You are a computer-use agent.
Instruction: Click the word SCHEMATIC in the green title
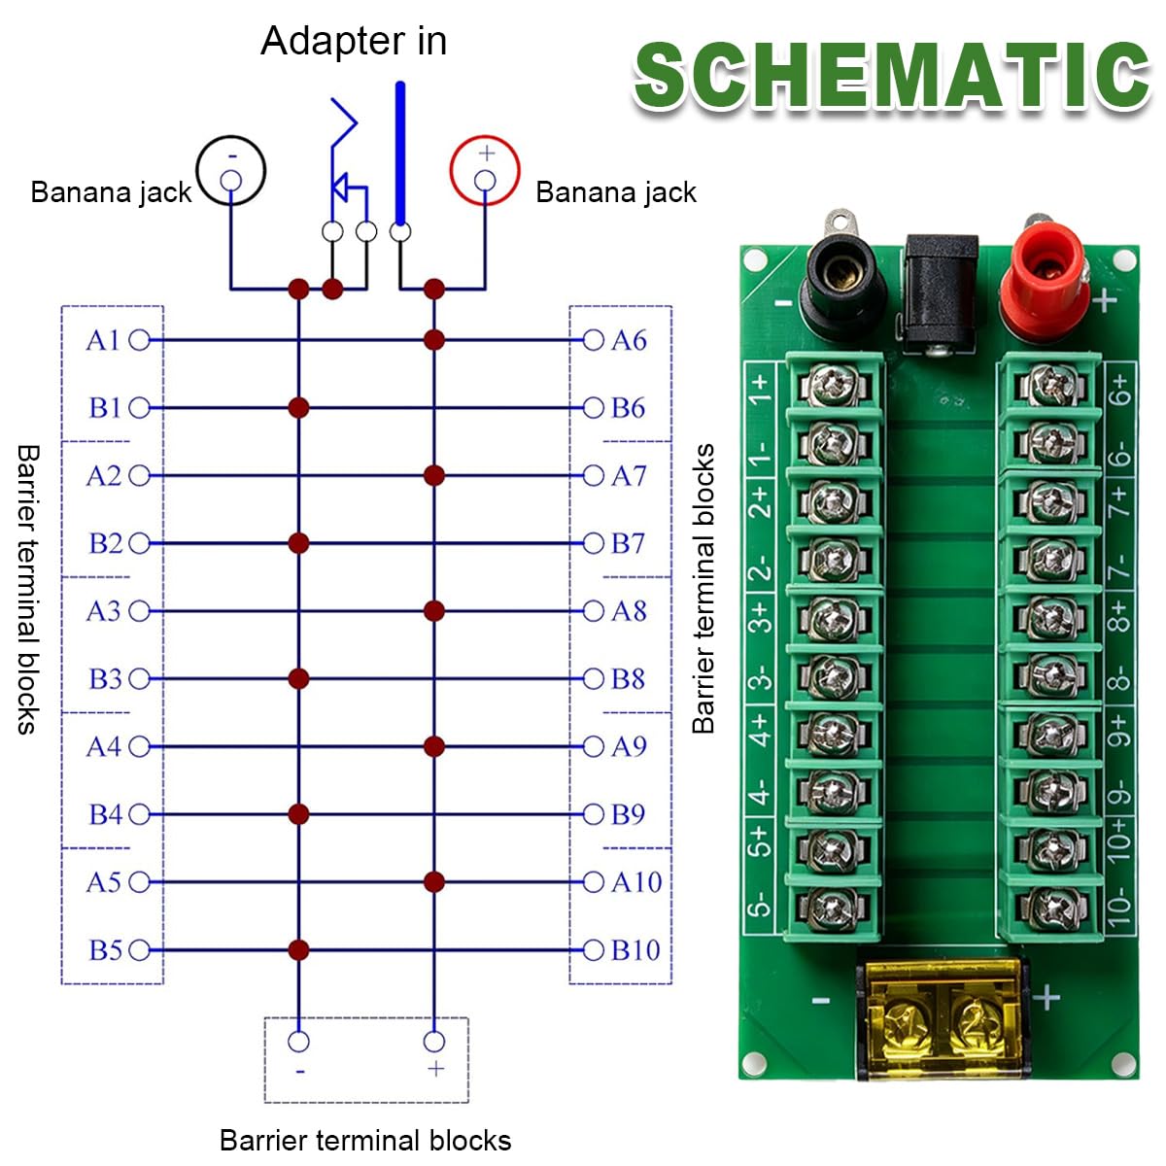[891, 77]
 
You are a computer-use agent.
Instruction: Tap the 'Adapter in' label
[354, 41]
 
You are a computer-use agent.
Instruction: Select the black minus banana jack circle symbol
[230, 170]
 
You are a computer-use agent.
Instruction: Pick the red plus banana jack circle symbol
[485, 170]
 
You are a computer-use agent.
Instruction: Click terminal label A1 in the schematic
[103, 340]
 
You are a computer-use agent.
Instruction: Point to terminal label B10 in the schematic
[635, 949]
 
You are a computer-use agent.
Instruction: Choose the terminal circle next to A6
[593, 340]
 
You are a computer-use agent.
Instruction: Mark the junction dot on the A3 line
[433, 611]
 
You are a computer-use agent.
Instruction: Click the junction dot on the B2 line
[298, 543]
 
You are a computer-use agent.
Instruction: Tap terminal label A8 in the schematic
[629, 611]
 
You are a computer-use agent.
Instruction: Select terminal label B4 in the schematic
[106, 814]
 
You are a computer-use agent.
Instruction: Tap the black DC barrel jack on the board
[940, 293]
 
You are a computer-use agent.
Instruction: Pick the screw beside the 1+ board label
[833, 386]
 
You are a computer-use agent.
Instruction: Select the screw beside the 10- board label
[1054, 908]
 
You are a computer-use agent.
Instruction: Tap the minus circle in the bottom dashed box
[298, 1042]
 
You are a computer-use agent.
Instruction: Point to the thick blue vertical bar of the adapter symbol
[400, 154]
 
